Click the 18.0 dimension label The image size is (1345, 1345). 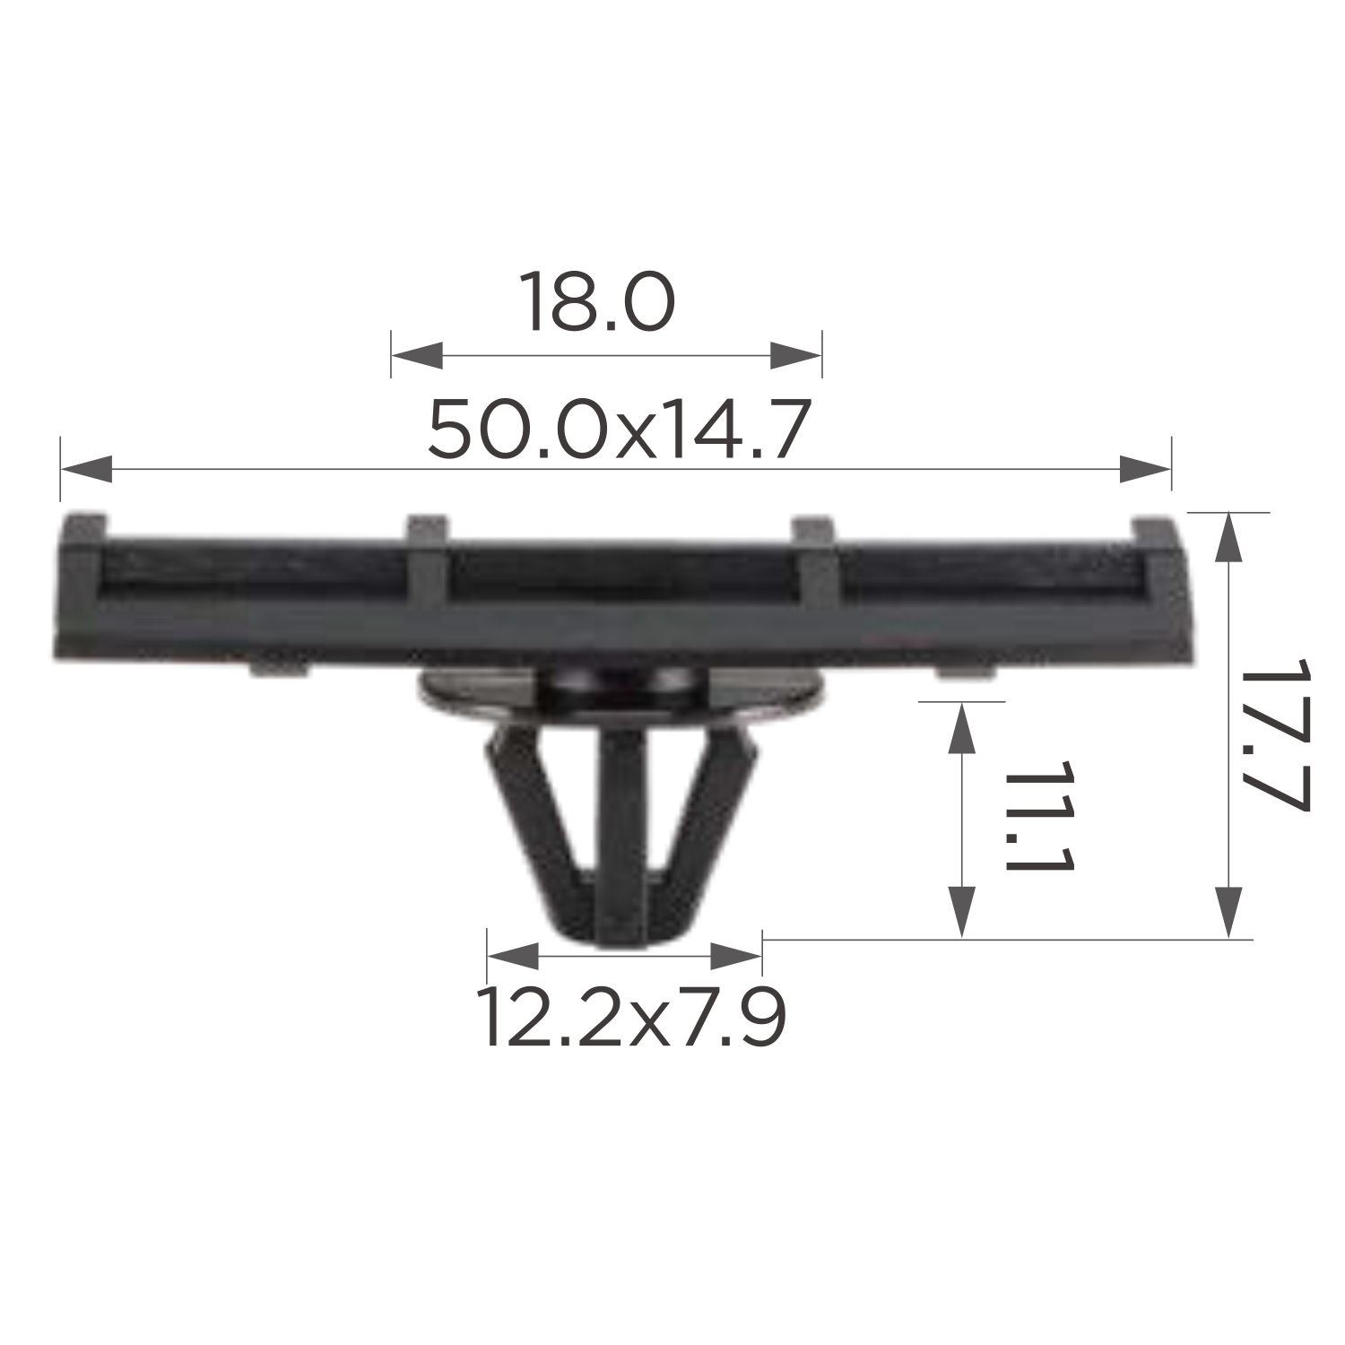(596, 302)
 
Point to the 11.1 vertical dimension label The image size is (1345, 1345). (1039, 818)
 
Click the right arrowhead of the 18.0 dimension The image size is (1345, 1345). (795, 355)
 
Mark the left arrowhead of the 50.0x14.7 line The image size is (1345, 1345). (87, 469)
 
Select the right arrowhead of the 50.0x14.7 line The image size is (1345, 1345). (1145, 469)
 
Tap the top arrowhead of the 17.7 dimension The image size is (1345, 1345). (1228, 538)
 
